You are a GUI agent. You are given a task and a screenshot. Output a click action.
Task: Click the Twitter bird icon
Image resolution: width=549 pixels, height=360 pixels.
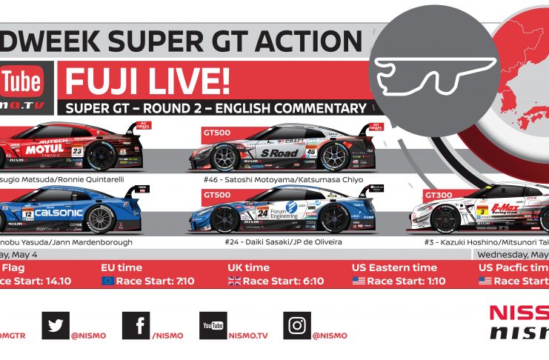point(55,324)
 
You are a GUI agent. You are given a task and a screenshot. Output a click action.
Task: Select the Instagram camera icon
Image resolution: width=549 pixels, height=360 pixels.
point(296,324)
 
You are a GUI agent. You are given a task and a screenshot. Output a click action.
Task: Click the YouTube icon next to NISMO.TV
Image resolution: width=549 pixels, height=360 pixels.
point(213,324)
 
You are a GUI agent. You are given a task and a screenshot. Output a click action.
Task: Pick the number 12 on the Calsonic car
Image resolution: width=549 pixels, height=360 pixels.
point(28,214)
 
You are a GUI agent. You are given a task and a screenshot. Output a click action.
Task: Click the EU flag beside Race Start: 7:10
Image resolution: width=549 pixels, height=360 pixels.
point(108,281)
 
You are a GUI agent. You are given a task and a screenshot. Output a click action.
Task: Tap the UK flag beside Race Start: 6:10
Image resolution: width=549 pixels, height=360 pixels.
point(234,281)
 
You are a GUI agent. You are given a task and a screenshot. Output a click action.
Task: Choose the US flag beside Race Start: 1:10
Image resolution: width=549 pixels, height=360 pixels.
point(359,281)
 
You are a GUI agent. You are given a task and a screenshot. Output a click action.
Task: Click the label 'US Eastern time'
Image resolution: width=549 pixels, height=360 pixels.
point(394,267)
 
